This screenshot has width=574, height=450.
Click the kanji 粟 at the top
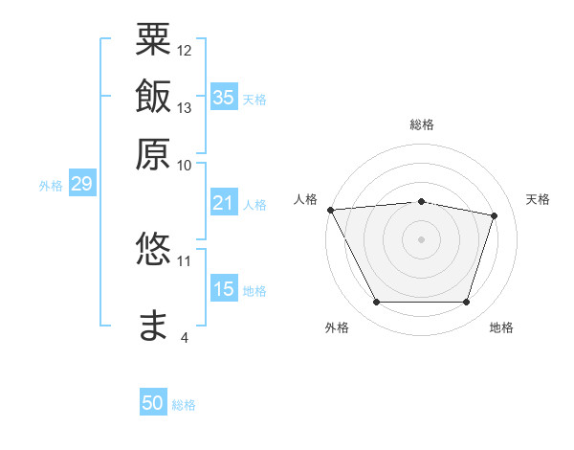pyautogui.click(x=153, y=39)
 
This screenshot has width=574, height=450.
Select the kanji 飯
pyautogui.click(x=153, y=97)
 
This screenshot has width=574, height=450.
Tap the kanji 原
pyautogui.click(x=153, y=153)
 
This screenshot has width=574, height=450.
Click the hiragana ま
pyautogui.click(x=153, y=326)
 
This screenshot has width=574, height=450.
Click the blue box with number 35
pyautogui.click(x=224, y=97)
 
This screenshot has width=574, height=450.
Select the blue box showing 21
pyautogui.click(x=224, y=203)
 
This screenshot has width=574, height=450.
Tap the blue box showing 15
pyautogui.click(x=224, y=289)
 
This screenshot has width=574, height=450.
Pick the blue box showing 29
pyautogui.click(x=81, y=184)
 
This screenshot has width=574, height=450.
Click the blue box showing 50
pyautogui.click(x=153, y=403)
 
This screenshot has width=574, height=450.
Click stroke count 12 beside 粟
pyautogui.click(x=185, y=50)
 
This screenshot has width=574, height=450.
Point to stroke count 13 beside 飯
pyautogui.click(x=185, y=107)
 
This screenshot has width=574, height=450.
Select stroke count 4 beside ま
pyautogui.click(x=185, y=337)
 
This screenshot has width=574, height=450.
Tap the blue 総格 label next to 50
pyautogui.click(x=184, y=405)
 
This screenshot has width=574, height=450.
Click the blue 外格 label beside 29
pyautogui.click(x=50, y=186)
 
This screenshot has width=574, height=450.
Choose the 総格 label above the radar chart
pyautogui.click(x=421, y=124)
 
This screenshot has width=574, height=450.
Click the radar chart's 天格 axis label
pyautogui.click(x=538, y=199)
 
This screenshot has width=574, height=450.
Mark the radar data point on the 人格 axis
pyautogui.click(x=330, y=210)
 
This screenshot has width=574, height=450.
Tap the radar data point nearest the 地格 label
pyautogui.click(x=466, y=303)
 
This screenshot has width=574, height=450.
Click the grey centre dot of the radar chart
pyautogui.click(x=421, y=238)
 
